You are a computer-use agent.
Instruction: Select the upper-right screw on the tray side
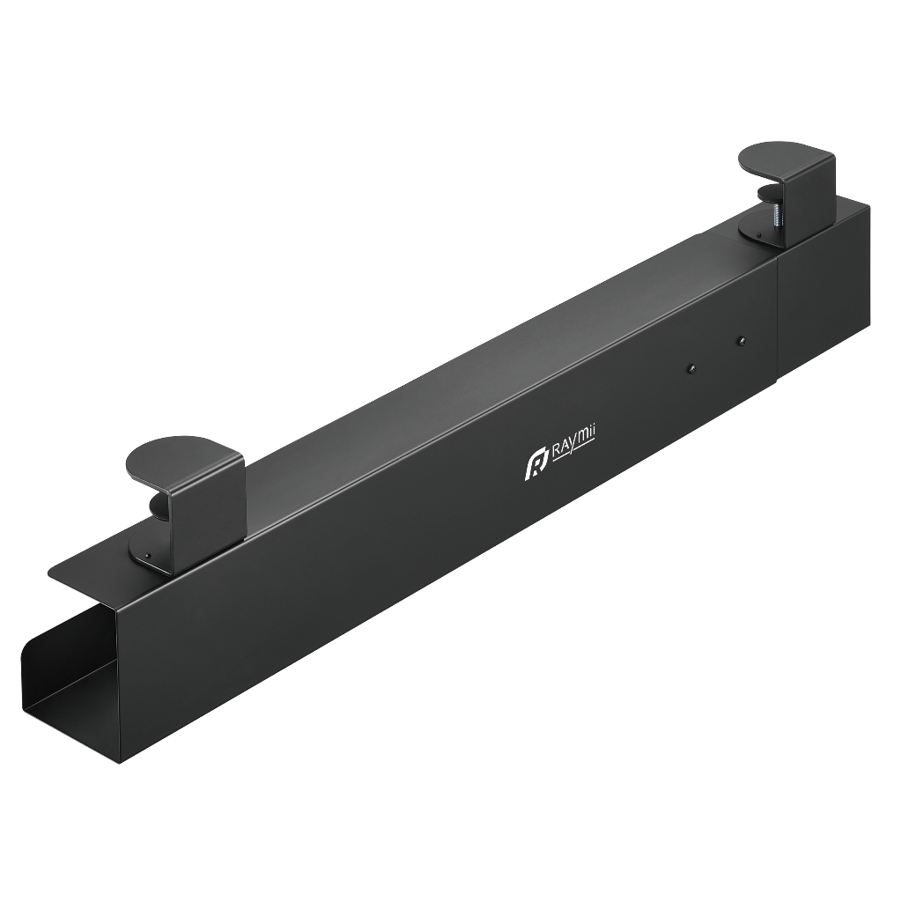pyautogui.click(x=742, y=341)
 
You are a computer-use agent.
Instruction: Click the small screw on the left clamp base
pyautogui.click(x=149, y=554)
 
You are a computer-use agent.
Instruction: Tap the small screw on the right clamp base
pyautogui.click(x=758, y=234)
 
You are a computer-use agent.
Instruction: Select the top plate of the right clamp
pyautogui.click(x=786, y=166)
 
